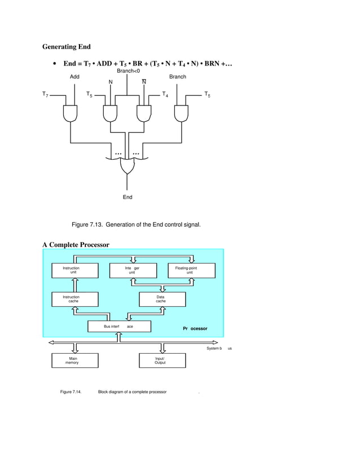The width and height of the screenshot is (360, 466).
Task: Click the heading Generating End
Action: click(66, 46)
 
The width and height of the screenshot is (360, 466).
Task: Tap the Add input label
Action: click(74, 76)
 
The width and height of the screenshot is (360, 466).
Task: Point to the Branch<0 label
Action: click(128, 71)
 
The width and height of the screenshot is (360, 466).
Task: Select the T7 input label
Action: click(45, 94)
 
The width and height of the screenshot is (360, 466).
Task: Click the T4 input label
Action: click(165, 94)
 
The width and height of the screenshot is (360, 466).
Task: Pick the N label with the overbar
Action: click(144, 82)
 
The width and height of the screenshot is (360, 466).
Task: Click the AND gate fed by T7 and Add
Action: click(71, 114)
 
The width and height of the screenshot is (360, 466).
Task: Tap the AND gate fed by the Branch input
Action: click(181, 114)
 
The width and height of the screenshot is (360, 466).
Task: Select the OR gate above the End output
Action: click(128, 166)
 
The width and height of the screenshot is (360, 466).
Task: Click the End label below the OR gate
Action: click(128, 197)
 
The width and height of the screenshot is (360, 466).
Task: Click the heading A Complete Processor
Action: click(76, 244)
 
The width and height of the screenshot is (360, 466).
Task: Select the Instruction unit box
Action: click(74, 270)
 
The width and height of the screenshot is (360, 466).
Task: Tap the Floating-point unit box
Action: click(192, 270)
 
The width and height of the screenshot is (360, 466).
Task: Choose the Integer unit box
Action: click(132, 270)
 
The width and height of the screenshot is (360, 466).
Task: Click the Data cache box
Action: click(162, 299)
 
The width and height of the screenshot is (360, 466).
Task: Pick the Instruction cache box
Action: click(74, 299)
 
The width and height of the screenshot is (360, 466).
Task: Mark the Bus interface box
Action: click(119, 327)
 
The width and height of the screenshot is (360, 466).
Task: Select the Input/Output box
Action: click(162, 361)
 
